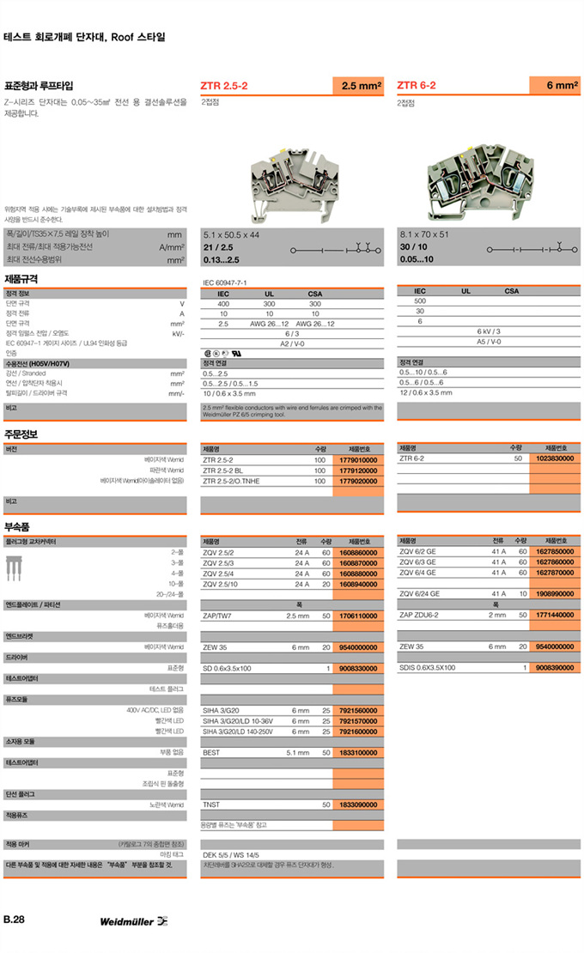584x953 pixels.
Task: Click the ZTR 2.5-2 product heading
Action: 224,86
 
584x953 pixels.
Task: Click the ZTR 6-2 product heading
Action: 417,86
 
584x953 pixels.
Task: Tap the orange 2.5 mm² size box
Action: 358,86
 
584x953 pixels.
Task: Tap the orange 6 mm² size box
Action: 555,86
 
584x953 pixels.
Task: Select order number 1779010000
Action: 357,460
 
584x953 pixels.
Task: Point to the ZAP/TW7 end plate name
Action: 217,616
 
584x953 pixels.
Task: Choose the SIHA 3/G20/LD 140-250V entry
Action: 237,731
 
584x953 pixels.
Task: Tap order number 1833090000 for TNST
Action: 357,804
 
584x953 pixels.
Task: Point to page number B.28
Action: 14,920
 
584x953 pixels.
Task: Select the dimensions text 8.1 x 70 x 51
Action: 423,234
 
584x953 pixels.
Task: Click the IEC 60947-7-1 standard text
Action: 224,282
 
